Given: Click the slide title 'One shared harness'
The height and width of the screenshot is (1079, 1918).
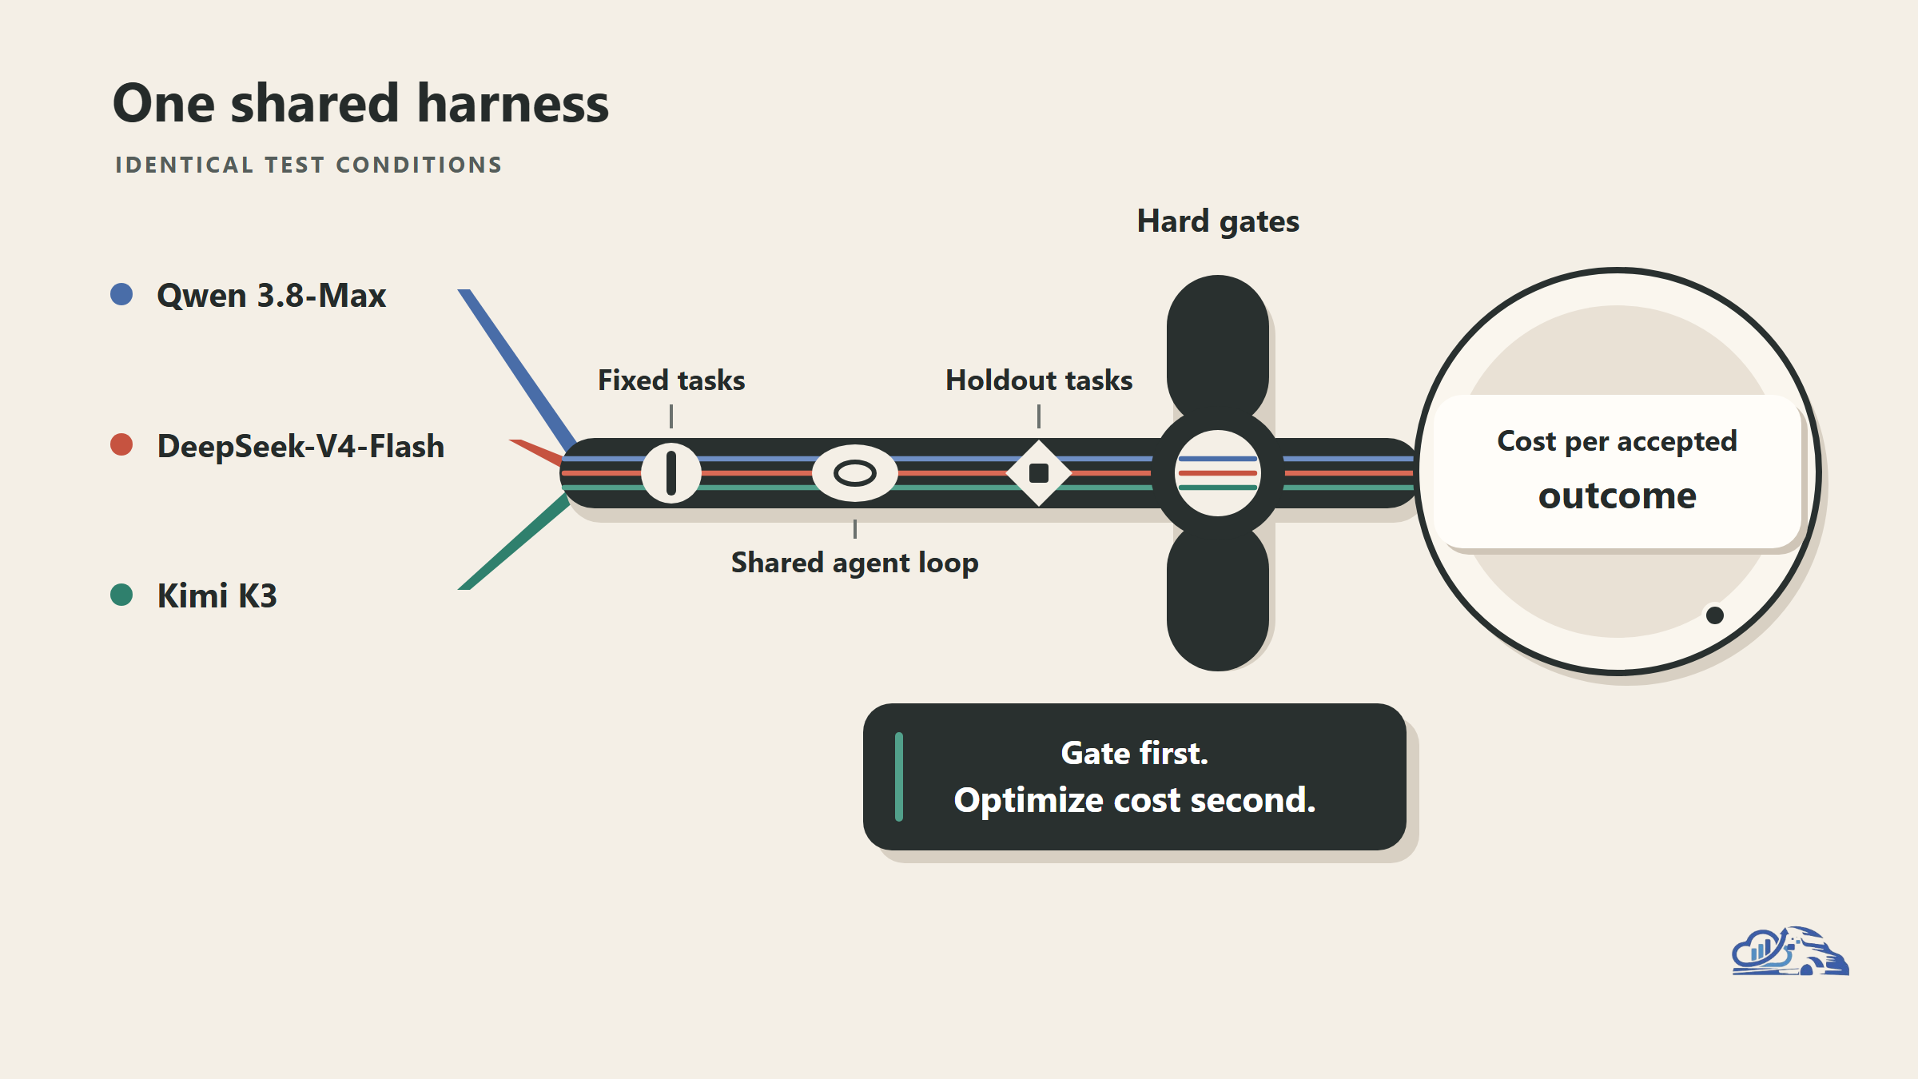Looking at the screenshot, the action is pyautogui.click(x=360, y=104).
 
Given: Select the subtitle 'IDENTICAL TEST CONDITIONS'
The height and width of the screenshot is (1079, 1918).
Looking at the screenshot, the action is pyautogui.click(x=308, y=165).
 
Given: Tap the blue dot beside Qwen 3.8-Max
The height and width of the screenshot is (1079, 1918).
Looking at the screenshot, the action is pyautogui.click(x=121, y=294).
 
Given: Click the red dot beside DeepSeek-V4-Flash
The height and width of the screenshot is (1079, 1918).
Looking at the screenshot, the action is pyautogui.click(x=121, y=444).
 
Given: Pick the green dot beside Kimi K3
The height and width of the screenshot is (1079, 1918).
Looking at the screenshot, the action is pyautogui.click(x=121, y=595).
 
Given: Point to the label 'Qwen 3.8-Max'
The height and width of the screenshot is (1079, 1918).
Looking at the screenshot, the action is pyautogui.click(x=272, y=296).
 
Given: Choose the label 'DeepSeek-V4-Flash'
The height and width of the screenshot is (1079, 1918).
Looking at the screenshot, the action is pyautogui.click(x=300, y=446).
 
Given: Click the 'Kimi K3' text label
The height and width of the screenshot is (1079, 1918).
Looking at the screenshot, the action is pyautogui.click(x=217, y=596).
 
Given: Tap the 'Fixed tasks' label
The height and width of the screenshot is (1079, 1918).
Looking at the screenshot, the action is pyautogui.click(x=671, y=380).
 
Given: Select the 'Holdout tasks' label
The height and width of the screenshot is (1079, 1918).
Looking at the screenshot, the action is pyautogui.click(x=1039, y=380).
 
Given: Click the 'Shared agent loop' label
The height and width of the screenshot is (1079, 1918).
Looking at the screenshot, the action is pyautogui.click(x=855, y=563).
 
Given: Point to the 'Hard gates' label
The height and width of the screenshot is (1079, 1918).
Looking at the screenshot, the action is pyautogui.click(x=1218, y=221).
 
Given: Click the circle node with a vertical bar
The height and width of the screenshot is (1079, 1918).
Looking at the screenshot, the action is pyautogui.click(x=671, y=473).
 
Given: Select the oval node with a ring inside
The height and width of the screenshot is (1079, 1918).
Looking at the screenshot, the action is pyautogui.click(x=855, y=473).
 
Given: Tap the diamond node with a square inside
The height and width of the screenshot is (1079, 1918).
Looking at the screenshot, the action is pyautogui.click(x=1039, y=473).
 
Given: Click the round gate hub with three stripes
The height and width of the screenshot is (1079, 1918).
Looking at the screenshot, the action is pyautogui.click(x=1218, y=473).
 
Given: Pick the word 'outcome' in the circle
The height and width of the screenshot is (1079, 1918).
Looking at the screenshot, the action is pyautogui.click(x=1618, y=496).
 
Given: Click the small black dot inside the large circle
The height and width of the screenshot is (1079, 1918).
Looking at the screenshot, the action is pyautogui.click(x=1715, y=615).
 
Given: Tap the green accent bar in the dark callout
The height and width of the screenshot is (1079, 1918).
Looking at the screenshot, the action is pyautogui.click(x=899, y=777).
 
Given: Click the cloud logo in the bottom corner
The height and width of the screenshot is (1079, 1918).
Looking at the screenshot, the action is pyautogui.click(x=1790, y=951).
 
